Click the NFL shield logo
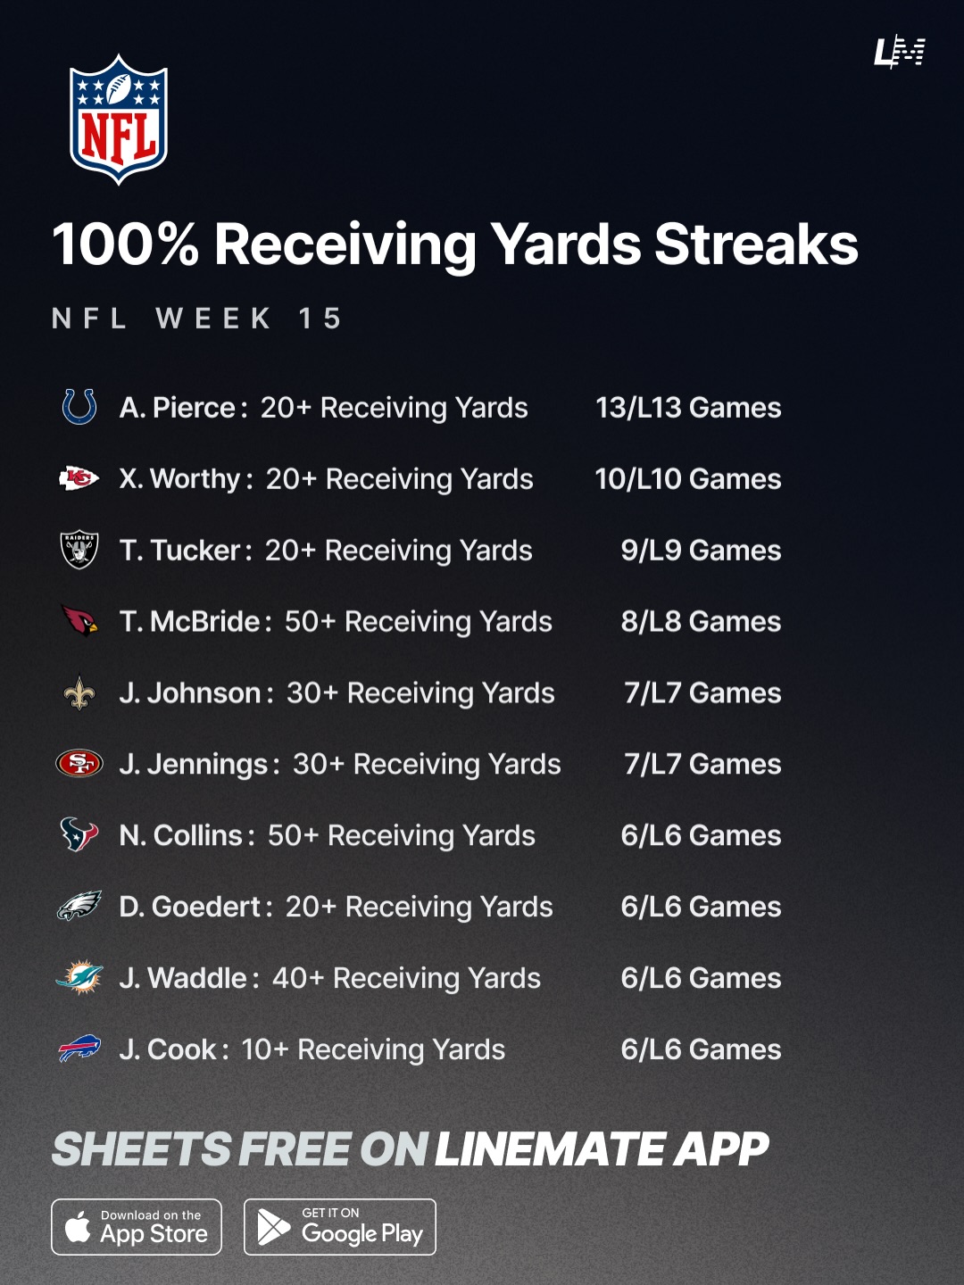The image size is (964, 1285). (x=119, y=120)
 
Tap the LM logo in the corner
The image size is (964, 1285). (x=899, y=52)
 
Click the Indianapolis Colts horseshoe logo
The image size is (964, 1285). (x=79, y=407)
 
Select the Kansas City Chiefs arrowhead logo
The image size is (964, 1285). (x=79, y=478)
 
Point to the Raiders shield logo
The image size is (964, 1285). (x=79, y=550)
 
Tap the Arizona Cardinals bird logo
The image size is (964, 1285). (x=79, y=620)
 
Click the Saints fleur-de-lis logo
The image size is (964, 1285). (x=79, y=692)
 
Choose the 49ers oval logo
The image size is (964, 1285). (x=79, y=764)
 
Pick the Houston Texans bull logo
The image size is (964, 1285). (x=79, y=834)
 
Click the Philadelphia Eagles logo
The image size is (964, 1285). (x=79, y=907)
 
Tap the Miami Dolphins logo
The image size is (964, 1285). (x=79, y=978)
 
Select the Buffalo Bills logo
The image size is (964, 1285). (x=79, y=1049)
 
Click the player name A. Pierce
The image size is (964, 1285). (x=178, y=408)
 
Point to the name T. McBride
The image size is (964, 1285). (x=190, y=622)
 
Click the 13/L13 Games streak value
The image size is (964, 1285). (x=688, y=408)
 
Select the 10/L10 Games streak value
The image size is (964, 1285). (x=688, y=479)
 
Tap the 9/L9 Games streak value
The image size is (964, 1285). (x=701, y=551)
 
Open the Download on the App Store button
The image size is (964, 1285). (x=137, y=1227)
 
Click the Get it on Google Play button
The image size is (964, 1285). (x=340, y=1227)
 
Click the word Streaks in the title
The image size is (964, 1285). (x=756, y=245)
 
